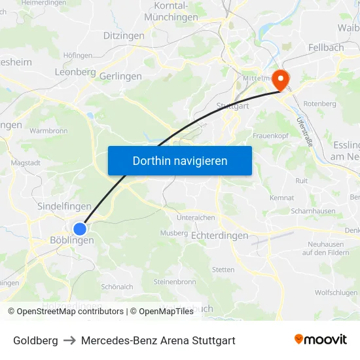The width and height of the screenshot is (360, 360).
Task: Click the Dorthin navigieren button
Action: [x=180, y=160]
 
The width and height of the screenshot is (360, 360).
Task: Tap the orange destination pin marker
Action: [x=281, y=80]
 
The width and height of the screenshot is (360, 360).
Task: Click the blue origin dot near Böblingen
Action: [x=80, y=229]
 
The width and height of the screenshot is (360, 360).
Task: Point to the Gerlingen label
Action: [x=120, y=77]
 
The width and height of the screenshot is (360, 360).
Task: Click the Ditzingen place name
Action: [x=124, y=36]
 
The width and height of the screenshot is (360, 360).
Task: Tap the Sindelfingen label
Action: [x=64, y=206]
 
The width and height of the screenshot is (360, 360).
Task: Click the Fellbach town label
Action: [x=326, y=48]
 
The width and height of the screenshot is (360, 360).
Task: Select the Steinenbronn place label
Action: [x=174, y=282]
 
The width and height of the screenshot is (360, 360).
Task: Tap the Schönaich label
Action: [x=117, y=287]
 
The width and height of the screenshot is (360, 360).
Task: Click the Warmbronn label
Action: [x=48, y=131]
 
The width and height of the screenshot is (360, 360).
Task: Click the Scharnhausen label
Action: [x=314, y=211]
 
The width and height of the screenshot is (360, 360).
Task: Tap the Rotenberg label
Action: [x=320, y=103]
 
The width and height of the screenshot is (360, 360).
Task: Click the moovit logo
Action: [x=321, y=340]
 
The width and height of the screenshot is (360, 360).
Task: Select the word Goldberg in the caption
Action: [x=35, y=340]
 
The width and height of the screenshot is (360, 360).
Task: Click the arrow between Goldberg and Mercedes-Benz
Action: [x=69, y=340]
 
